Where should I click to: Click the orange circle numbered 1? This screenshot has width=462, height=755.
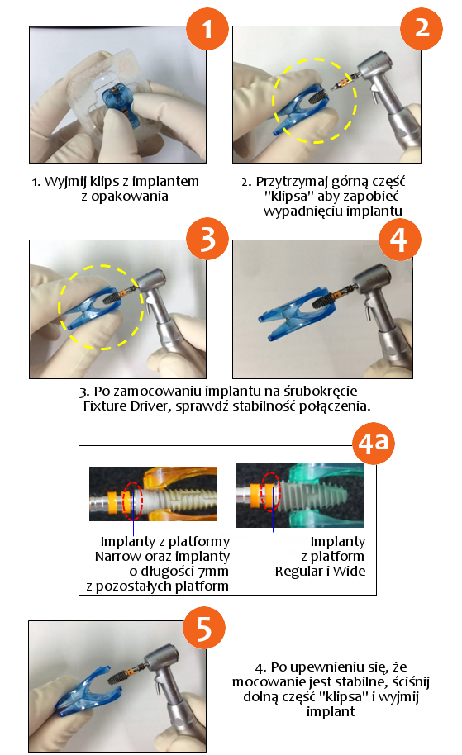tap(207, 29)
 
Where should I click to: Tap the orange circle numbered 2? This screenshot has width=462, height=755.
tap(421, 28)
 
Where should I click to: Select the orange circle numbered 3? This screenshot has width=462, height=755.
tap(207, 239)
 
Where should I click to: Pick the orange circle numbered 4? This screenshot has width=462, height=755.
tap(399, 240)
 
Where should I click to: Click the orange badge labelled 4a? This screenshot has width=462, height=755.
tap(373, 443)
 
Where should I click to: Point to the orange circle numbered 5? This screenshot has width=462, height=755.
tap(204, 628)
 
